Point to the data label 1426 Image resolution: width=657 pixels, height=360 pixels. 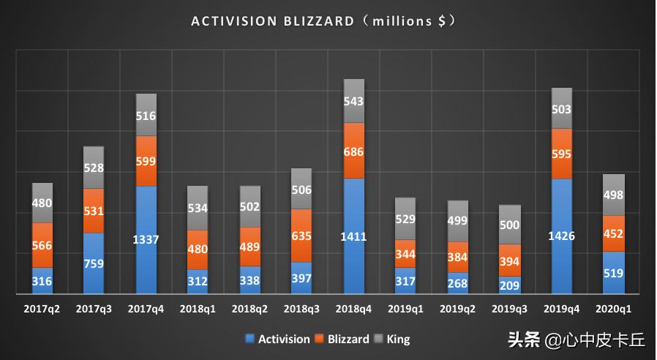pos(562,236)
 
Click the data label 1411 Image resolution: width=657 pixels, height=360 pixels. pos(354,237)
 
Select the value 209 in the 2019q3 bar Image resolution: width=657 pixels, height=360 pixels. pos(510,285)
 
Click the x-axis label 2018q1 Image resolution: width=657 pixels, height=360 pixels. pos(198,310)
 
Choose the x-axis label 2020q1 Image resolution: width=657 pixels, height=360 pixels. pos(614,310)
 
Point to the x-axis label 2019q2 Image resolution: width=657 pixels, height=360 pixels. pos(458,310)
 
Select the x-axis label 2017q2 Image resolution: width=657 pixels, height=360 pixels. pos(42,310)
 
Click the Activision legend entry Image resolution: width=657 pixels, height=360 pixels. pos(277,339)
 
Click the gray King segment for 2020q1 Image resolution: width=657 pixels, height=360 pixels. pos(614,194)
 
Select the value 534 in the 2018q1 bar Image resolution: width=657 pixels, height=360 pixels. pos(198,209)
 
